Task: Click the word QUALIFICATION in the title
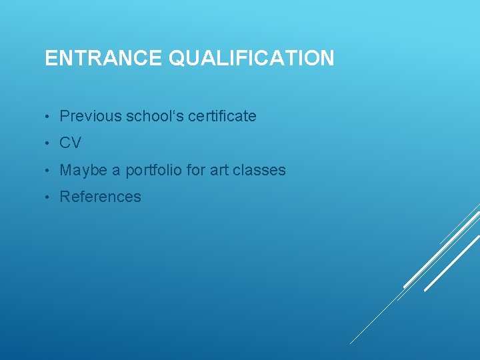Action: click(x=251, y=59)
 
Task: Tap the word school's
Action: click(x=155, y=116)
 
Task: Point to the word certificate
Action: click(x=222, y=116)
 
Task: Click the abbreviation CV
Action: click(x=70, y=143)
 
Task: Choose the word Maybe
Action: click(x=83, y=171)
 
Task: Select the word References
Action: click(x=101, y=197)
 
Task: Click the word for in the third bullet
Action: click(x=196, y=171)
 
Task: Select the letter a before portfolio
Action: click(x=116, y=171)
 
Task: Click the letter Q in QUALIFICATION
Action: click(x=178, y=59)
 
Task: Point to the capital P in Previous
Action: click(x=65, y=116)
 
